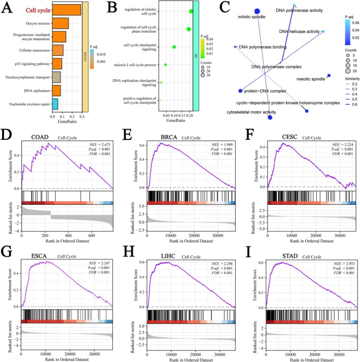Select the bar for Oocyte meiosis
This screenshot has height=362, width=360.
(x=61, y=23)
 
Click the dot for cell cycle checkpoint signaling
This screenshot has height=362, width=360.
(x=174, y=47)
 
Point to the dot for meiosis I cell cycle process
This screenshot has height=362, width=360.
(x=166, y=65)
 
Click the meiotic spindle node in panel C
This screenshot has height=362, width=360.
(x=329, y=76)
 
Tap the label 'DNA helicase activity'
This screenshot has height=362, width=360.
(x=300, y=32)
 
